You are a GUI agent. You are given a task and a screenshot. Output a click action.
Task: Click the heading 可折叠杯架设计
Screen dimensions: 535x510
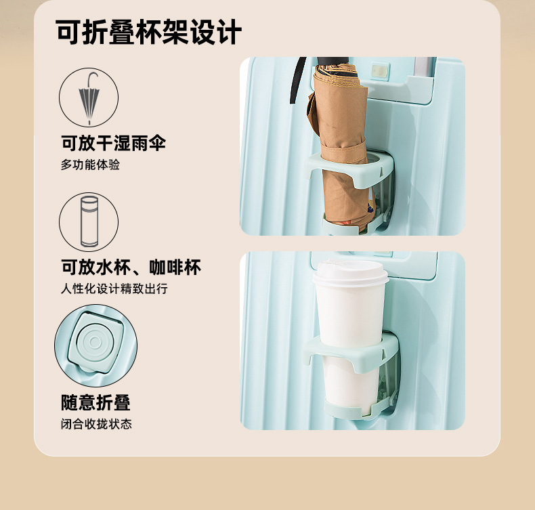coord(149,32)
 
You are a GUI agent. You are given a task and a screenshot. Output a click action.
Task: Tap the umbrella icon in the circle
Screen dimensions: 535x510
coord(89,98)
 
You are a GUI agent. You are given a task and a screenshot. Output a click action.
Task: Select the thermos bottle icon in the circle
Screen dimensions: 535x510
coord(89,221)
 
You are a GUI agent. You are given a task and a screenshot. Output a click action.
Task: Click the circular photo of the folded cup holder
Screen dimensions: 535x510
coord(96,346)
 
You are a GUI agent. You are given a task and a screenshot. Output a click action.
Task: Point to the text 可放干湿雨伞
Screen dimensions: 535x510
coord(114,143)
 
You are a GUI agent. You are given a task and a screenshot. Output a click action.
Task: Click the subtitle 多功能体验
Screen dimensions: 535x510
coord(91,165)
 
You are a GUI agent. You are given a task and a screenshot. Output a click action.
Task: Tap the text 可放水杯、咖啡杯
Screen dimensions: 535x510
coord(131,267)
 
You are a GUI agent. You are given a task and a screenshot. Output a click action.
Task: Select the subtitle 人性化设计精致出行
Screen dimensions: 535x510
coord(114,289)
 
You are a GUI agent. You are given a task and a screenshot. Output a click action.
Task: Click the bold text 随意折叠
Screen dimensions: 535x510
coord(96,402)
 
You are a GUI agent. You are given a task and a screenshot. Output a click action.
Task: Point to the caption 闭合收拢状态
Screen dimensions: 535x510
coord(97,424)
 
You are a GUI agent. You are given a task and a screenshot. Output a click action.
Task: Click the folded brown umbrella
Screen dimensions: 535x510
coord(341,147)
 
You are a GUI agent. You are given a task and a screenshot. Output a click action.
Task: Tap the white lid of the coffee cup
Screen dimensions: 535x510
coord(350,273)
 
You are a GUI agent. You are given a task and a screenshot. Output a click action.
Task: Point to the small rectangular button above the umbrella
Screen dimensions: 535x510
coord(379,72)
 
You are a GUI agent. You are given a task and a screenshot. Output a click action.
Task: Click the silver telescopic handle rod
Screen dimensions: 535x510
coord(425,67)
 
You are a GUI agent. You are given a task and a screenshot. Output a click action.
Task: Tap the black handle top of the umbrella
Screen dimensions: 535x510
coord(333,61)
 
